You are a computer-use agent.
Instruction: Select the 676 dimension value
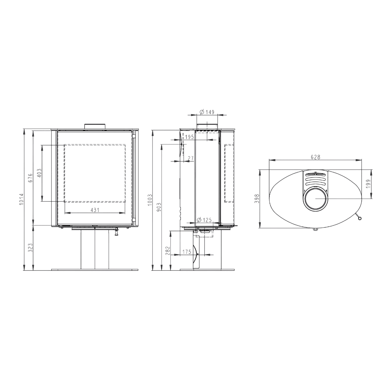pyautogui.click(x=30, y=178)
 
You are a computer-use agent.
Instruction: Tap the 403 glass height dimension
pyautogui.click(x=39, y=173)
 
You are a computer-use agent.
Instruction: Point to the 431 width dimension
pyautogui.click(x=95, y=210)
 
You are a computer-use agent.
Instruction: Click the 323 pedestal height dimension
pyautogui.click(x=30, y=248)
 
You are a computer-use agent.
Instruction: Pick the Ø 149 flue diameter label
pyautogui.click(x=207, y=112)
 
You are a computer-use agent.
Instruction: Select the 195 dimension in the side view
pyautogui.click(x=189, y=137)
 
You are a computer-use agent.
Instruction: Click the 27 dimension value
pyautogui.click(x=191, y=158)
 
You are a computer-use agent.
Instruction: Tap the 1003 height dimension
pyautogui.click(x=150, y=200)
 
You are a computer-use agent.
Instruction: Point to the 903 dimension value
pyautogui.click(x=159, y=207)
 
